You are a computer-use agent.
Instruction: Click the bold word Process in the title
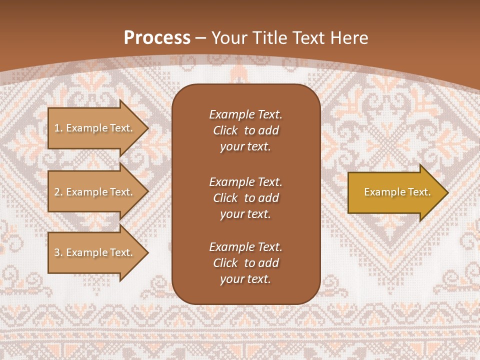(157, 38)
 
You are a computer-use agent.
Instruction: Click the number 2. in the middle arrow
(58, 192)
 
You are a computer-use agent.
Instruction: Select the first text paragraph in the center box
(245, 130)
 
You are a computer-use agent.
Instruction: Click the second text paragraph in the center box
(245, 198)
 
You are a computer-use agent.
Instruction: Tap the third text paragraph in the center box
(245, 263)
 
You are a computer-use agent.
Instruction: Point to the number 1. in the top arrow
(58, 128)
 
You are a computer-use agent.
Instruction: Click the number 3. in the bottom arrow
(58, 252)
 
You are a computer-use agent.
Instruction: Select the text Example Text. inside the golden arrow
(397, 192)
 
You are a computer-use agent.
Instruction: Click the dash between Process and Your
(201, 38)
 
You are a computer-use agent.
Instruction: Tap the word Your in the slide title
(229, 38)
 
